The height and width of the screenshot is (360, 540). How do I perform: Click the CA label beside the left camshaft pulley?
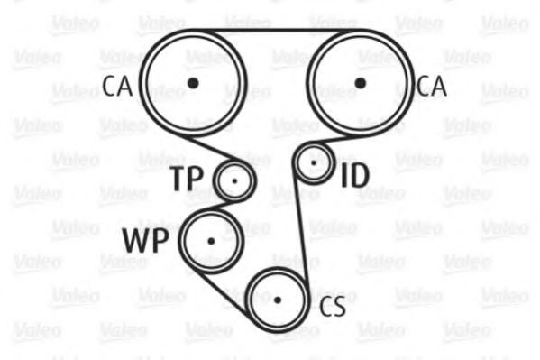[117, 87]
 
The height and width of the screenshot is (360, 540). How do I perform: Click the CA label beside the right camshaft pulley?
[432, 87]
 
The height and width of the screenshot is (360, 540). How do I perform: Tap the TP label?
[187, 178]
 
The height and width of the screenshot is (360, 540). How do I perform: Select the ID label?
[355, 175]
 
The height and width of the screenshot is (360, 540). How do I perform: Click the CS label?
[333, 307]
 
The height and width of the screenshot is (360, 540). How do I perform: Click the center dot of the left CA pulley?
[193, 83]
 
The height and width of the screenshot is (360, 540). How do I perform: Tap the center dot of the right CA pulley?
[360, 83]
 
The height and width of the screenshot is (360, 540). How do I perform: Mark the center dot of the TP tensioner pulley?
[235, 181]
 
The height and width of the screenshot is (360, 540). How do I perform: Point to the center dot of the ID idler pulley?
[314, 162]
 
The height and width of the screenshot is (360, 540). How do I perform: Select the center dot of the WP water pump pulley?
[211, 241]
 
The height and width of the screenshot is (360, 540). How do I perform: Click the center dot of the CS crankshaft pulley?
[278, 300]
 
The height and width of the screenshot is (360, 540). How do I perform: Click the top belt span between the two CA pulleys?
[277, 31]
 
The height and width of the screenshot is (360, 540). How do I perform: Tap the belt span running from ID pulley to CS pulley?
[301, 227]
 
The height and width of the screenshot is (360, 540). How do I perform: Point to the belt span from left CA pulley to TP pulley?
[211, 149]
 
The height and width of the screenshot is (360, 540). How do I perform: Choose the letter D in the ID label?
[360, 175]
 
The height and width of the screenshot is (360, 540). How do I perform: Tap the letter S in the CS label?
[340, 307]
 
